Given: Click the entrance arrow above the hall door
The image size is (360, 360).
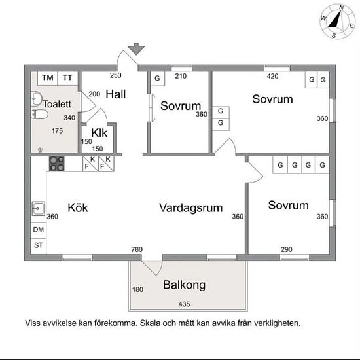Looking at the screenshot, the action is [x=136, y=49].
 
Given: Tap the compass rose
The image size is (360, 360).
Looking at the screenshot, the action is [x=337, y=22].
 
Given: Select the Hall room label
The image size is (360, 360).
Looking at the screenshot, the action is [x=116, y=94].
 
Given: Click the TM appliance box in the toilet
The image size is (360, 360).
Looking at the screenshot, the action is [x=48, y=79].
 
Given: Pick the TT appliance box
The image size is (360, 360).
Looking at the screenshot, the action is [x=67, y=79].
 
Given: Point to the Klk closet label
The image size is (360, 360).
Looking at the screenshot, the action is [x=99, y=133].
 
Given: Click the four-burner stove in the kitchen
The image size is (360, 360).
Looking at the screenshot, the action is [x=57, y=164].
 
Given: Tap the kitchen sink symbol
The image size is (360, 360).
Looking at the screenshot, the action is [x=39, y=209].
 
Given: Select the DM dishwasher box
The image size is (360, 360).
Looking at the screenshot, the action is [x=39, y=230].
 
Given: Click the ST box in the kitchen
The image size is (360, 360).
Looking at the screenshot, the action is [x=39, y=245].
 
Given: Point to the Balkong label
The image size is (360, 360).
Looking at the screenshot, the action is [x=184, y=285].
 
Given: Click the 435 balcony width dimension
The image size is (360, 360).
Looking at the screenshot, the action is [x=184, y=304].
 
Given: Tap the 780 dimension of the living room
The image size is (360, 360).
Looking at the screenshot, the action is [x=137, y=249].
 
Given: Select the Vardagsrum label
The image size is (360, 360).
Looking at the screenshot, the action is [x=190, y=208].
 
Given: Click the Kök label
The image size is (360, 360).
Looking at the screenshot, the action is [x=78, y=207].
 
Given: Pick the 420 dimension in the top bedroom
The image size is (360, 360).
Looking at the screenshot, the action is [x=272, y=76].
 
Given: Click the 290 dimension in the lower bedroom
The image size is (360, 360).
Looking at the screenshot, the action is [x=287, y=249].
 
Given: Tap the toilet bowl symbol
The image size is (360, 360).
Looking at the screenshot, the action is [x=39, y=115].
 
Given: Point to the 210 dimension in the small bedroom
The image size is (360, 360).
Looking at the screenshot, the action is [x=181, y=76].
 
